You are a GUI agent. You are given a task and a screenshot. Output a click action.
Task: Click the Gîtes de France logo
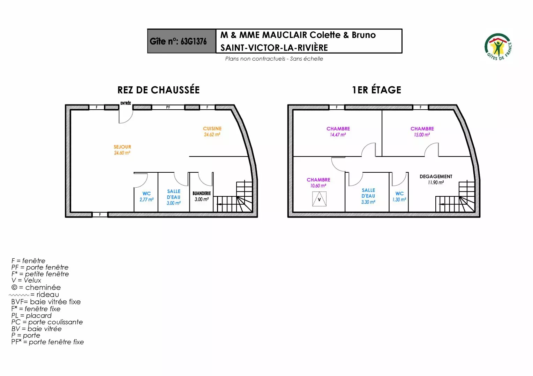(x=498, y=47)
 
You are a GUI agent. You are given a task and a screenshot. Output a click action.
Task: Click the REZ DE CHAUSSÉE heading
(x=158, y=90)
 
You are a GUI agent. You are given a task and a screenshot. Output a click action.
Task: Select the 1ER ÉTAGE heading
(x=376, y=90)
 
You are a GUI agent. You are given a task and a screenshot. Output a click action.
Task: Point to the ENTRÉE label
(x=126, y=103)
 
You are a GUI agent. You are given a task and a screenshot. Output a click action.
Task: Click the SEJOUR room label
(x=122, y=147)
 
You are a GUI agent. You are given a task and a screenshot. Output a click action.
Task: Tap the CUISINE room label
(x=212, y=128)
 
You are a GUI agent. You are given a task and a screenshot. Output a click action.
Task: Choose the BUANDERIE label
(x=202, y=193)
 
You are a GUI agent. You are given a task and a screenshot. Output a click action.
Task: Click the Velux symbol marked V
(x=319, y=199)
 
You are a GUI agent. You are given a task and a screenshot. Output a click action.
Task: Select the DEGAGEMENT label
(x=436, y=177)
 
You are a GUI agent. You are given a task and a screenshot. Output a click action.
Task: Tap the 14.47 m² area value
(x=338, y=135)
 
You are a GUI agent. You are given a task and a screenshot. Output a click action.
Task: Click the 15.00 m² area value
(x=422, y=135)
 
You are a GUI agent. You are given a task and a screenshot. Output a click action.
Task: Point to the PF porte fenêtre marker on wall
(x=168, y=107)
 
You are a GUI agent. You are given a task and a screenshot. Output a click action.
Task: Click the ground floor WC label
(x=147, y=194)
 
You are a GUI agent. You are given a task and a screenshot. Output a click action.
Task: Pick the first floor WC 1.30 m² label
(x=399, y=197)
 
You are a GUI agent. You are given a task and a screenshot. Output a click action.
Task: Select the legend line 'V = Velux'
(x=26, y=280)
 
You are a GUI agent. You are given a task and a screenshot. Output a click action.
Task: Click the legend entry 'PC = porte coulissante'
(x=47, y=322)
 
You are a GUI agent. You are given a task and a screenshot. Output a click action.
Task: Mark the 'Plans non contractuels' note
(x=274, y=58)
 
